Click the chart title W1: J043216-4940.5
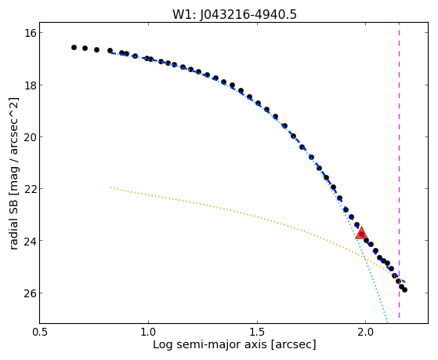[x=234, y=14]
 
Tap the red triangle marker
[x=361, y=234]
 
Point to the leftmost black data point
[x=74, y=48]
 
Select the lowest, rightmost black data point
[x=404, y=289]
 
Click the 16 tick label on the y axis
[x=30, y=33]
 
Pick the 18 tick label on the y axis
[x=30, y=85]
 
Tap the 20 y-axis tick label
[x=30, y=137]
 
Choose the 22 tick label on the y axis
[x=30, y=189]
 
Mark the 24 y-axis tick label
[x=30, y=241]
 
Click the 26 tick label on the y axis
[x=30, y=293]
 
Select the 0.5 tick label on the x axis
[x=40, y=333]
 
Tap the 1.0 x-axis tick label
[x=148, y=333]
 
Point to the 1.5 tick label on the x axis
[x=257, y=333]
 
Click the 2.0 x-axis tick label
[x=365, y=333]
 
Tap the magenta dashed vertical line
[x=399, y=170]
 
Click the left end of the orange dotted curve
[x=111, y=187]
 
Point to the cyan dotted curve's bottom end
[x=387, y=322]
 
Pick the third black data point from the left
[x=96, y=49]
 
